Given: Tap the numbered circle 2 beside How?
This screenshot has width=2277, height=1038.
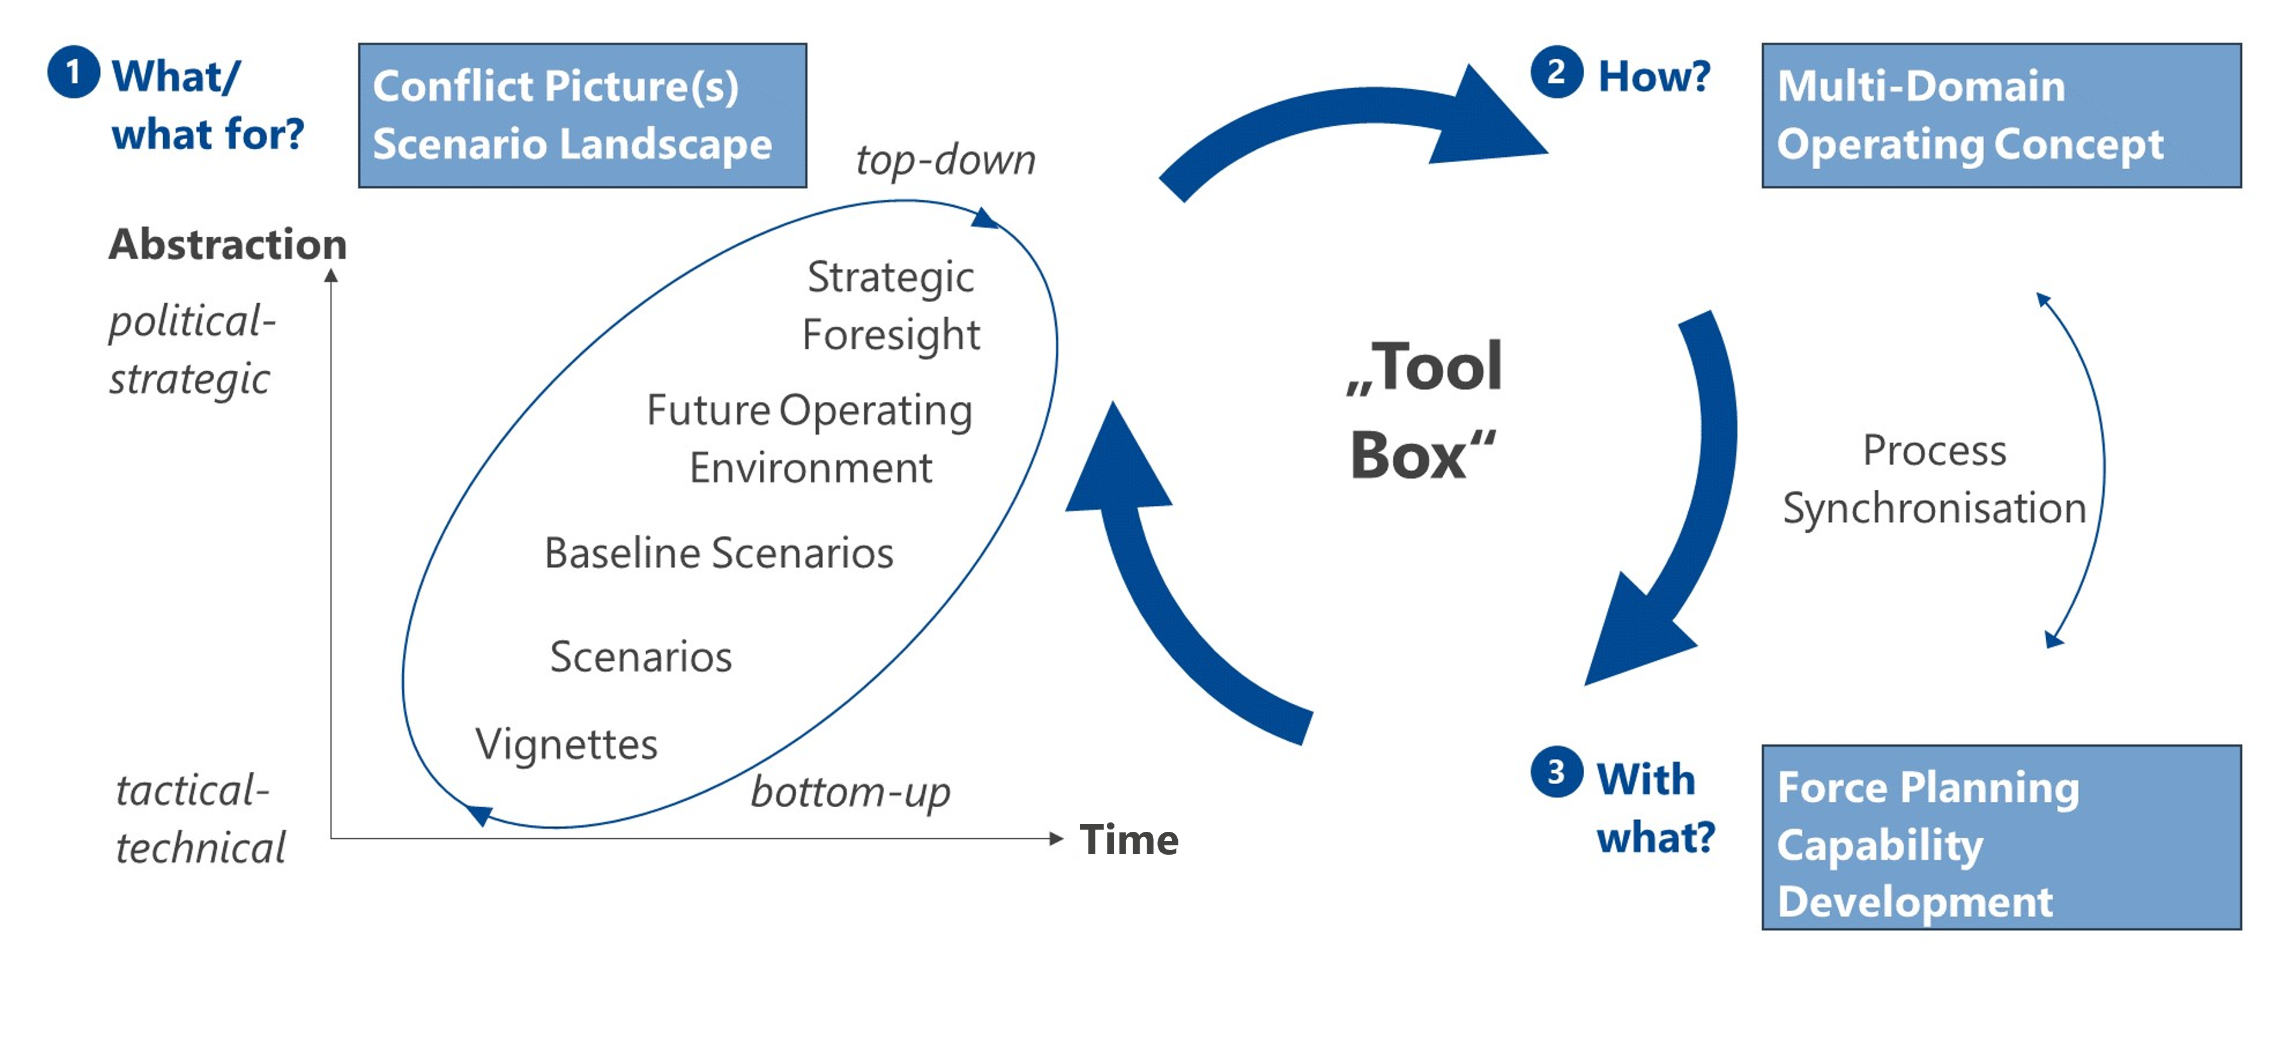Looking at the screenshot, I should [1556, 72].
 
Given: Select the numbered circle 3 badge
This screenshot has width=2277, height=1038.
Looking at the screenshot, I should [1556, 772].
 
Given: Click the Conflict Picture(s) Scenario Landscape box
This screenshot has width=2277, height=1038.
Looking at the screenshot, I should [582, 115].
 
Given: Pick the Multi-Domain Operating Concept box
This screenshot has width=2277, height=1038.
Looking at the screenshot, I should [2000, 115].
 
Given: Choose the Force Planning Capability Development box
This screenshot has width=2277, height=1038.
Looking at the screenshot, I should [2000, 837].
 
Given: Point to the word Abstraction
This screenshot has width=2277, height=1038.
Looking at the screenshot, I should [227, 244].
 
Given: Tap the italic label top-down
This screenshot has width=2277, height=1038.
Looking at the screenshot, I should [945, 160].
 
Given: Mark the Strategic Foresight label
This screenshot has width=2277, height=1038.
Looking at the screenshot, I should [890, 306].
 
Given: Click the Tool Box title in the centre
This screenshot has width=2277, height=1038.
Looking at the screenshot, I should [1423, 410].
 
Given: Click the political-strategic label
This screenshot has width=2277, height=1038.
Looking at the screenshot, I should [192, 350].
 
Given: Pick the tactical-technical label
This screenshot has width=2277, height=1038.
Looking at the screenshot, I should [200, 819].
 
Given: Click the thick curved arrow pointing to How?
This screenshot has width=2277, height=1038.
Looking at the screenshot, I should [1352, 124].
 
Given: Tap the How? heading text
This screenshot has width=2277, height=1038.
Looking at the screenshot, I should [1654, 76].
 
